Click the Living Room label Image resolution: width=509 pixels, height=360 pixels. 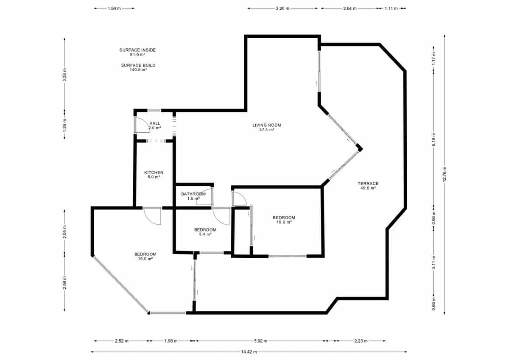pyautogui.click(x=267, y=127)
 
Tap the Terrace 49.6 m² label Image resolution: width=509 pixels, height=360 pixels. pyautogui.click(x=367, y=185)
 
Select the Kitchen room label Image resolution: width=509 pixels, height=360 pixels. pyautogui.click(x=154, y=174)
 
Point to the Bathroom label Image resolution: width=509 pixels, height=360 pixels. pyautogui.click(x=193, y=196)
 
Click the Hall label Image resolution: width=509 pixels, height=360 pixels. pyautogui.click(x=154, y=125)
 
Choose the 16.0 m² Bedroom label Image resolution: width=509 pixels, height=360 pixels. pyautogui.click(x=145, y=256)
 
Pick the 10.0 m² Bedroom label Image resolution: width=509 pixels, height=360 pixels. pyautogui.click(x=284, y=220)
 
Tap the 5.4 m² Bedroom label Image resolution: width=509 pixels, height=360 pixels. pyautogui.click(x=205, y=232)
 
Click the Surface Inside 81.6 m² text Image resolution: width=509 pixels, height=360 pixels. pyautogui.click(x=137, y=52)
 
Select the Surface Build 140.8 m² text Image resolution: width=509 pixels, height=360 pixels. pyautogui.click(x=138, y=67)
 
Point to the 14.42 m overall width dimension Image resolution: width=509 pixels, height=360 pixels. pyautogui.click(x=249, y=352)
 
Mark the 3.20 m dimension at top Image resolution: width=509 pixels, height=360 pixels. pyautogui.click(x=282, y=8)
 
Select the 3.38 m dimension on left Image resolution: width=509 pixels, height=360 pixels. pyautogui.click(x=64, y=74)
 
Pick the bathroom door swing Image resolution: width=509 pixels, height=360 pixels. pyautogui.click(x=204, y=199)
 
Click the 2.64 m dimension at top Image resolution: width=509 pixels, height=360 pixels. pyautogui.click(x=350, y=8)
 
